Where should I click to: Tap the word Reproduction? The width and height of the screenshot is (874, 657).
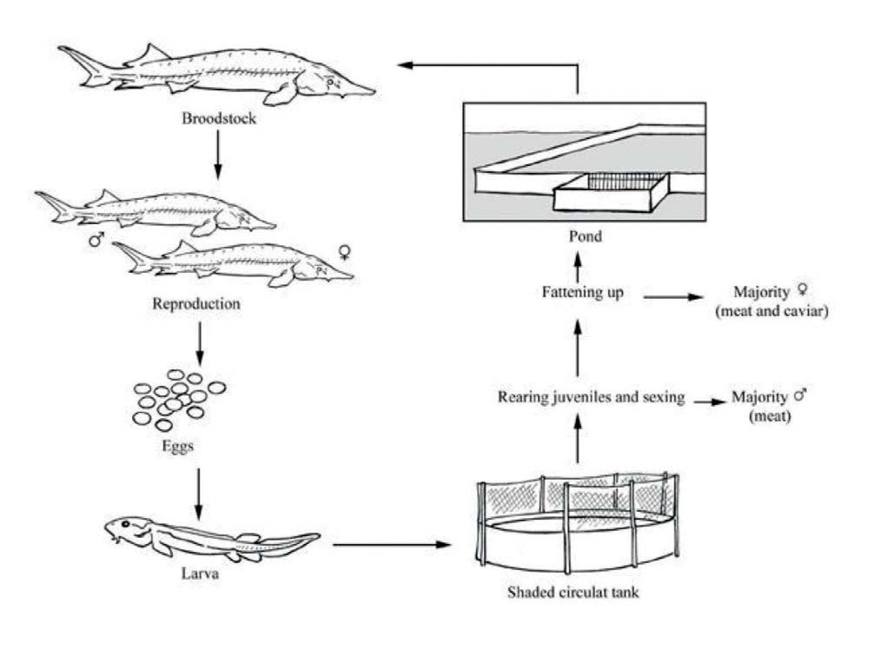coord(200,305)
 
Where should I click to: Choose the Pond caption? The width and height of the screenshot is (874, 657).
coord(578,236)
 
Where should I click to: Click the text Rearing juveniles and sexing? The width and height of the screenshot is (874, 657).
coord(592,398)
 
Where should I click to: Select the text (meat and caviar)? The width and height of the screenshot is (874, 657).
coord(768,313)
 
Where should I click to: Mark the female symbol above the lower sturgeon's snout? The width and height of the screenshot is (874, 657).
coord(345,253)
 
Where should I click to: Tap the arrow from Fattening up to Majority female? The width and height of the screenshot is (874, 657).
coord(673,295)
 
